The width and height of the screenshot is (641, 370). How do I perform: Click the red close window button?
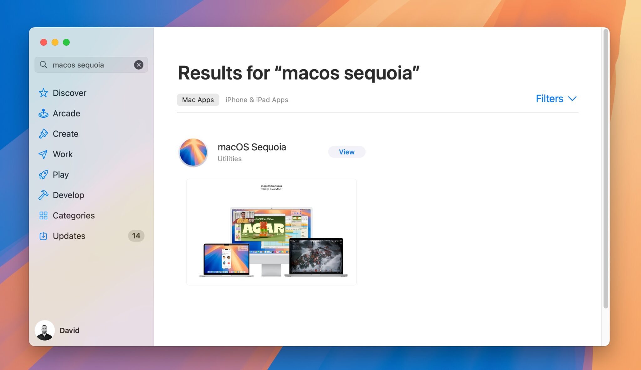pyautogui.click(x=44, y=42)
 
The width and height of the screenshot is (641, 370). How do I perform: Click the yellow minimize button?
pyautogui.click(x=55, y=42)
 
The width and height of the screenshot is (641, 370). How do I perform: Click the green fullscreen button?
pyautogui.click(x=66, y=42)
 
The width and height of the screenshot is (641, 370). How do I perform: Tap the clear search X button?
pyautogui.click(x=139, y=65)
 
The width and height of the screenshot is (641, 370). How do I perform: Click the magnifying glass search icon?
pyautogui.click(x=44, y=65)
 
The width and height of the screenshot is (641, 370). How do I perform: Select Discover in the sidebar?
pyautogui.click(x=69, y=93)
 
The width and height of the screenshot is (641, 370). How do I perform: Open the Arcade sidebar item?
pyautogui.click(x=66, y=113)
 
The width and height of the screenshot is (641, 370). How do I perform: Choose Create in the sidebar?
pyautogui.click(x=65, y=134)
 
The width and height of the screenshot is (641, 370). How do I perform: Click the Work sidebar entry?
pyautogui.click(x=63, y=154)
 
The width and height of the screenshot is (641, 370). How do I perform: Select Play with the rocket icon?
pyautogui.click(x=60, y=175)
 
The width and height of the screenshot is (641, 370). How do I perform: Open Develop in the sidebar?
pyautogui.click(x=68, y=195)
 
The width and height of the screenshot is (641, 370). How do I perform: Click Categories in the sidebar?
pyautogui.click(x=74, y=216)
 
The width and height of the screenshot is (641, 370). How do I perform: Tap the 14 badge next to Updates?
pyautogui.click(x=136, y=236)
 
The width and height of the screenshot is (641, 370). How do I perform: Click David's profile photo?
pyautogui.click(x=45, y=330)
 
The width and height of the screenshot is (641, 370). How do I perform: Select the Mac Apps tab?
pyautogui.click(x=198, y=100)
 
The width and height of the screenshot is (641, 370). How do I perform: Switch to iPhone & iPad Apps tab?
pyautogui.click(x=257, y=100)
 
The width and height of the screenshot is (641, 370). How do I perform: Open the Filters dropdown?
pyautogui.click(x=556, y=99)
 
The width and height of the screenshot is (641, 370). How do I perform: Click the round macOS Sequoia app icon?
pyautogui.click(x=193, y=153)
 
